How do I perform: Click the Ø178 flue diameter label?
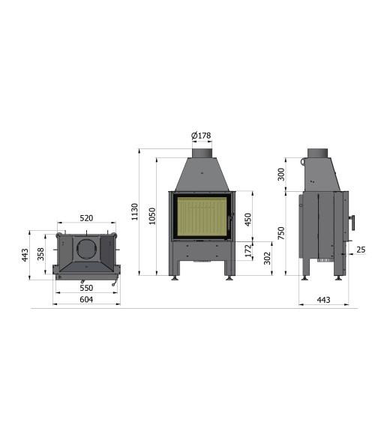tap(201, 135)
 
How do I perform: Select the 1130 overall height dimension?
tap(134, 211)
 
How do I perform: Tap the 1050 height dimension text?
tap(152, 216)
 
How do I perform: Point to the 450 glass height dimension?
tap(248, 220)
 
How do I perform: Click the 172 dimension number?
tap(248, 250)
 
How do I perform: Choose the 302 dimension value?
tap(267, 259)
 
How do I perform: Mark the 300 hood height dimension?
tap(281, 175)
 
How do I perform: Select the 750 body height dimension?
tap(281, 233)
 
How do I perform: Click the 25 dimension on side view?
tap(361, 250)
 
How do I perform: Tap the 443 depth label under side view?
tap(323, 300)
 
